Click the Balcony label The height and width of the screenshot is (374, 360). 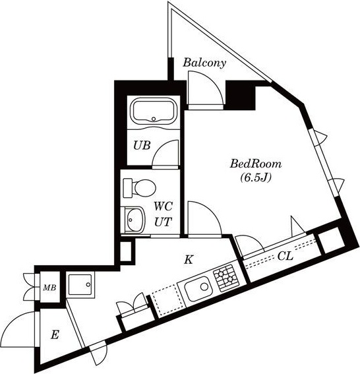coord(204,63)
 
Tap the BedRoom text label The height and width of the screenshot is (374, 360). coord(255,163)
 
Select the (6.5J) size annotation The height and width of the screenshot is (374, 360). coord(255,177)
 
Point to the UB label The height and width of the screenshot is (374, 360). coord(142,146)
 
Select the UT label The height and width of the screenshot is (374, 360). coord(163,222)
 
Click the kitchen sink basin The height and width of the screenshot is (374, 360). coord(197,288)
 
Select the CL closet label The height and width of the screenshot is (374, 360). coord(285,255)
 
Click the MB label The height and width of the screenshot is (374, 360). coord(49,288)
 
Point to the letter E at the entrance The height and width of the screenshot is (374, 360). coord(55,335)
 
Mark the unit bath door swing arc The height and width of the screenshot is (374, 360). coord(166,153)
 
